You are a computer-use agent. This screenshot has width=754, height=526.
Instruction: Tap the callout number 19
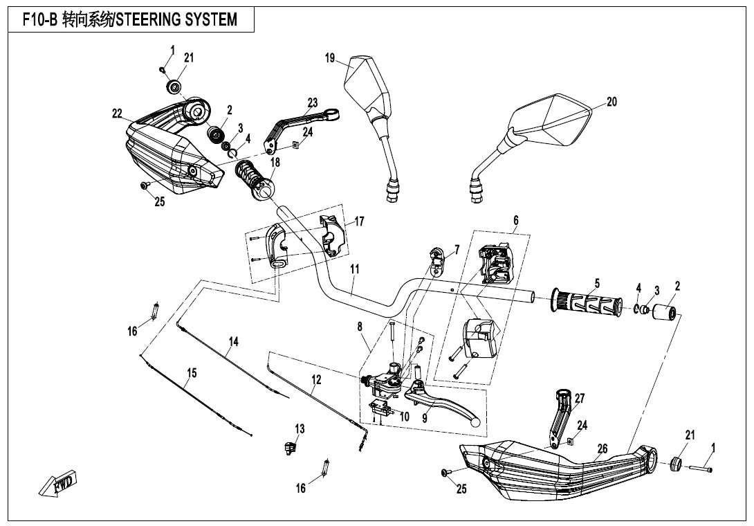point(331,58)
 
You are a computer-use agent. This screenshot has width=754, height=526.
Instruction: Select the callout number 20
point(611,102)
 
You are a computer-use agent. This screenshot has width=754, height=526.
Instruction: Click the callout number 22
point(118,113)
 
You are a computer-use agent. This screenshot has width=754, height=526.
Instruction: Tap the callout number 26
point(602,449)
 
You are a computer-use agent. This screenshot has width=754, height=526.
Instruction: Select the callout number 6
point(515,220)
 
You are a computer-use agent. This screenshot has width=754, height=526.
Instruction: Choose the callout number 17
point(359,221)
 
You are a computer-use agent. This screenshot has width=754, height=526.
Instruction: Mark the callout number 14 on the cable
point(234,341)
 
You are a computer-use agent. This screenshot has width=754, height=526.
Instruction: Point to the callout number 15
point(192,373)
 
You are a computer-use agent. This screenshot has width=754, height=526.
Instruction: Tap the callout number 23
point(312,102)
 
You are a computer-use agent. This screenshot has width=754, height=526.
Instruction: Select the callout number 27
point(579,399)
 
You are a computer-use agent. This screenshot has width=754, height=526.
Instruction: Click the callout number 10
point(404,416)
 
